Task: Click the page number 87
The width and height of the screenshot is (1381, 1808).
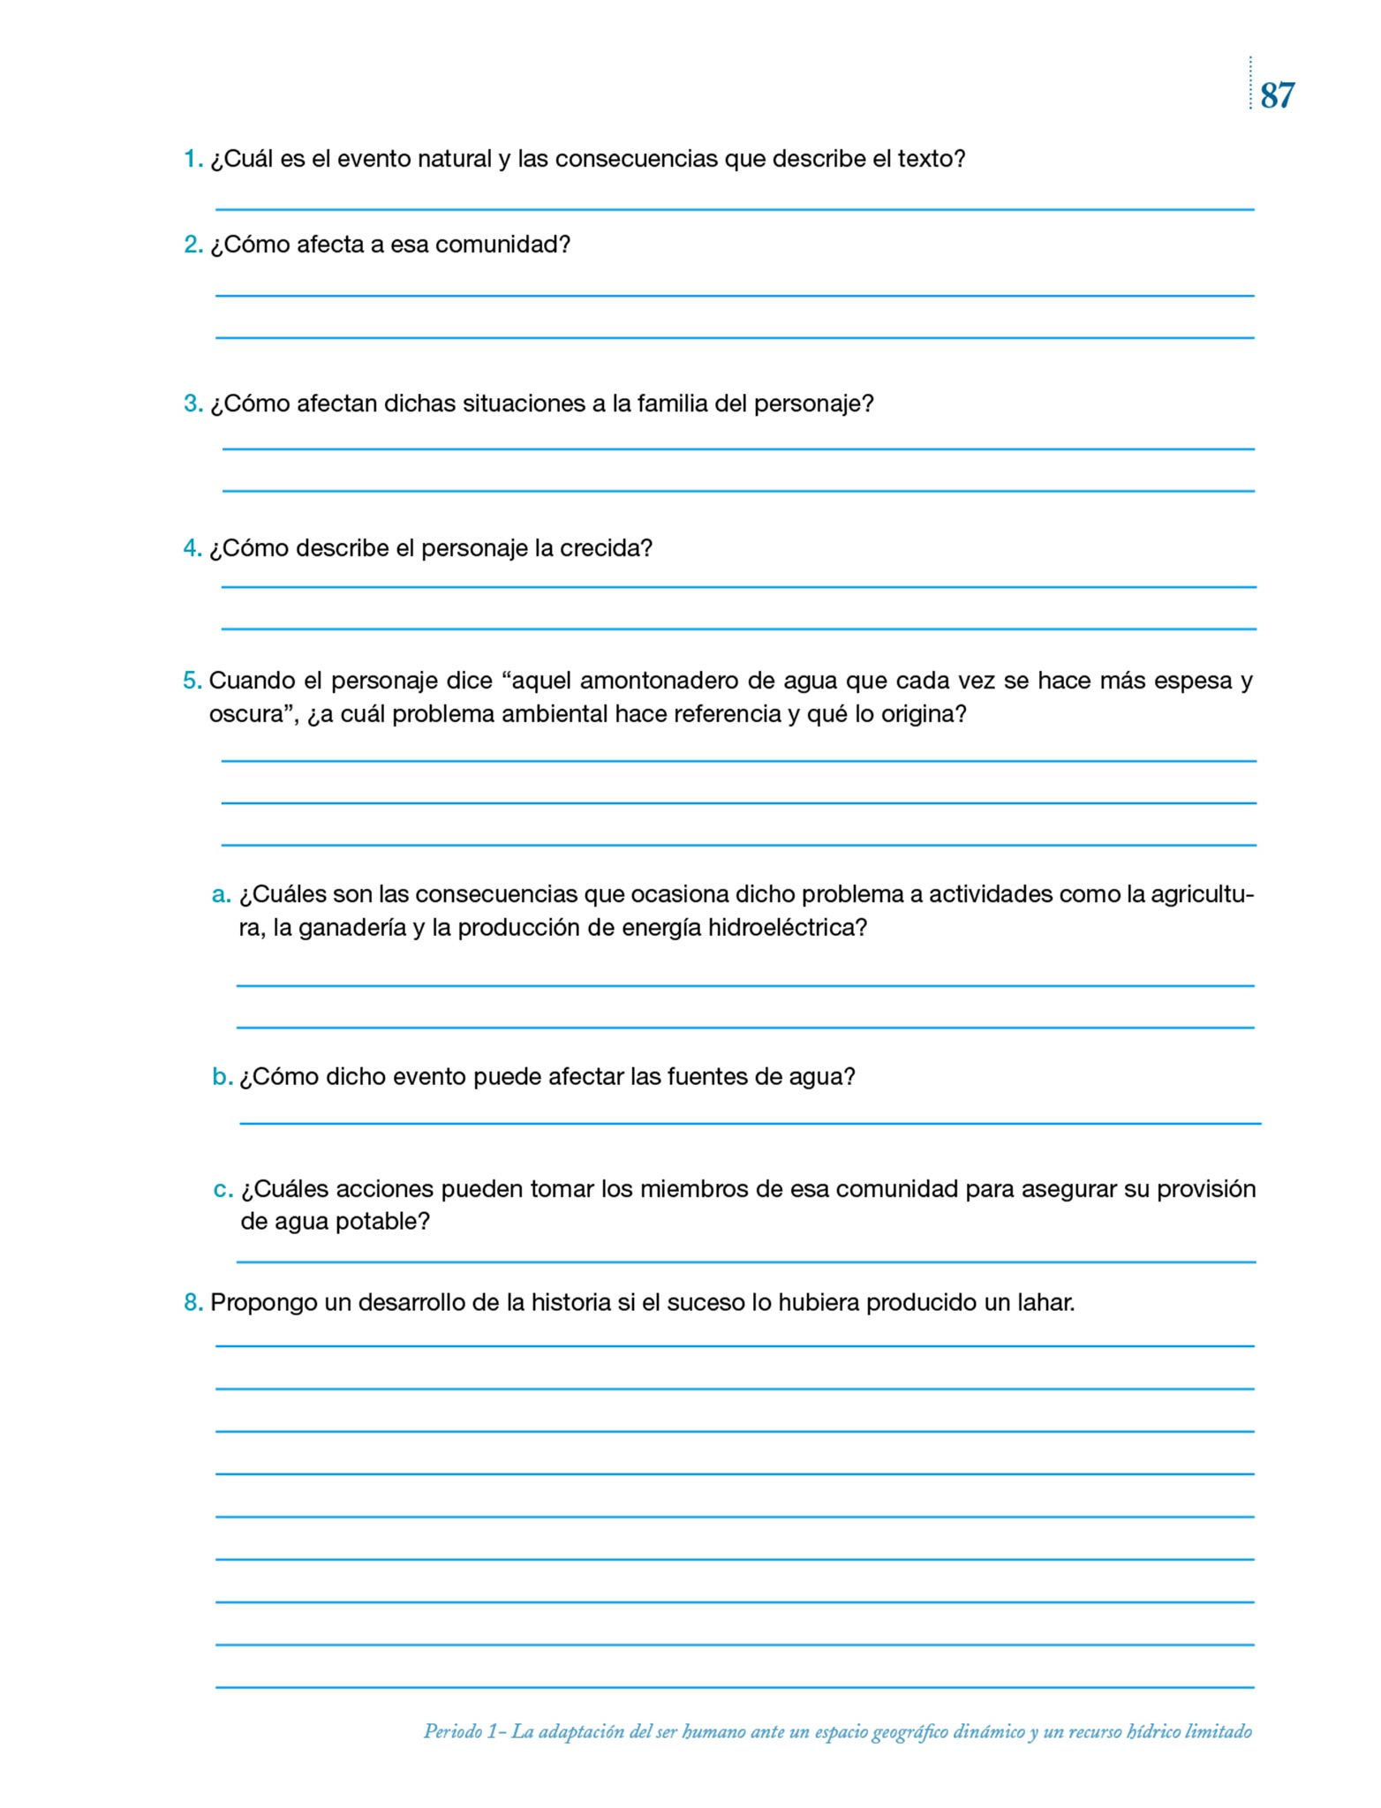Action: coord(1277,95)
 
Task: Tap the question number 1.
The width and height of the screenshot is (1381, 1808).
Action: coord(192,160)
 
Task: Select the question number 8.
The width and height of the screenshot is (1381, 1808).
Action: coord(192,1303)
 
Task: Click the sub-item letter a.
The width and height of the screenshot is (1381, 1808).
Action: coord(221,895)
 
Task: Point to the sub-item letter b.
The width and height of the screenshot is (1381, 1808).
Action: coord(222,1077)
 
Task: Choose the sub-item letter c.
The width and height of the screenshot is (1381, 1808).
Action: coord(223,1190)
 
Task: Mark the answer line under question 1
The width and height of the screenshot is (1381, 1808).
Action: coord(735,209)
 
